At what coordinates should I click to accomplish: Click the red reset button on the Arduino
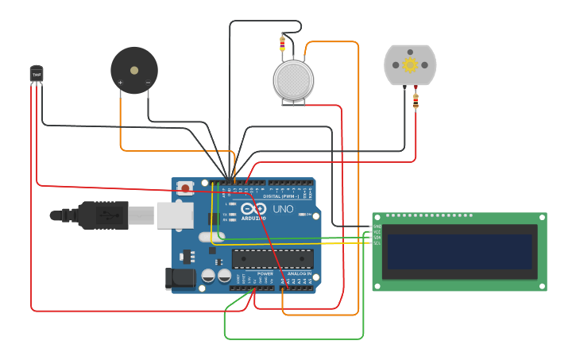185,188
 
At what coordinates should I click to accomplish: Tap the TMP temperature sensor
37,73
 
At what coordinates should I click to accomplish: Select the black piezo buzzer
134,70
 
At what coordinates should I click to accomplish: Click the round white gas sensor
293,80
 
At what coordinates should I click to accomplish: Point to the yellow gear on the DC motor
410,64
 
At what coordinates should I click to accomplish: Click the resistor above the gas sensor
283,44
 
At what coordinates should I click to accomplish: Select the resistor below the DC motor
416,101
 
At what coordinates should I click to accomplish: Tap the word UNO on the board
283,209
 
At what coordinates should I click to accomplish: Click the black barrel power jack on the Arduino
180,278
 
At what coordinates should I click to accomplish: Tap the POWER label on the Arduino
265,273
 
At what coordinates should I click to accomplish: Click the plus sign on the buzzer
121,82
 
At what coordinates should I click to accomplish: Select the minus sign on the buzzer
148,82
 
